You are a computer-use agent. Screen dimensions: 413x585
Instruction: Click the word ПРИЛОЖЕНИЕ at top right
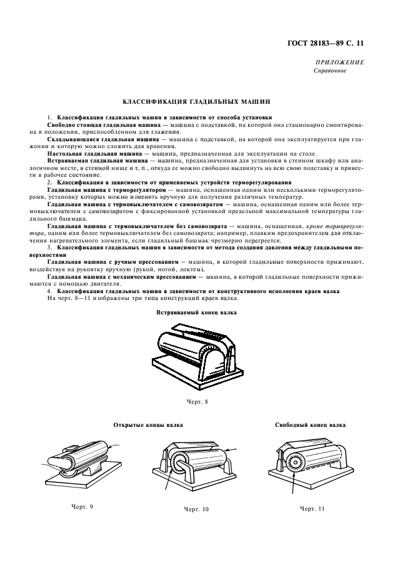pos(339,62)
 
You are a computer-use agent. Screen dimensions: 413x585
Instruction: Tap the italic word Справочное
pos(330,71)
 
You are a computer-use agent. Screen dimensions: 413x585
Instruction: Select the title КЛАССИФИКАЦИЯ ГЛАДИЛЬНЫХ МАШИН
pos(196,101)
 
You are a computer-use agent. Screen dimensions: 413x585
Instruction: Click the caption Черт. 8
pos(197,402)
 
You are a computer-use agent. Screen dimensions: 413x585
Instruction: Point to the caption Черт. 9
pos(82,507)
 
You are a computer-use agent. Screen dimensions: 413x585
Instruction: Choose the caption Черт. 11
pos(312,509)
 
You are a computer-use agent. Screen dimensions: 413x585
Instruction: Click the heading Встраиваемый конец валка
pos(196,312)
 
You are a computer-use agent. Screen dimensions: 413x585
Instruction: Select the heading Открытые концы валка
pos(148,425)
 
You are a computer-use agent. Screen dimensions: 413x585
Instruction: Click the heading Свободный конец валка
pos(310,425)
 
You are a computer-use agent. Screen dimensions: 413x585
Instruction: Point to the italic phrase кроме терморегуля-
pos(335,226)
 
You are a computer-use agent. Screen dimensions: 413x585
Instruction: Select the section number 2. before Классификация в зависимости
pos(50,182)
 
